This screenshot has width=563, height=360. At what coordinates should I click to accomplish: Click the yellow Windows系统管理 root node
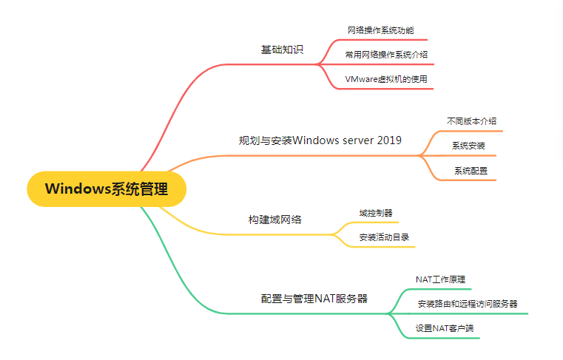pos(106,189)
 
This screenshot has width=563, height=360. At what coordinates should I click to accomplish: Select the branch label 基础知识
pos(282,50)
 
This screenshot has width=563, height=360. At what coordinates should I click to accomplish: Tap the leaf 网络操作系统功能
pos(380,30)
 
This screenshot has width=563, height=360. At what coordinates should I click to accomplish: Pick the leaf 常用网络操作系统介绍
pos(386,54)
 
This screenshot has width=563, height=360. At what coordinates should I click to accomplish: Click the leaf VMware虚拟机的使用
pos(386,78)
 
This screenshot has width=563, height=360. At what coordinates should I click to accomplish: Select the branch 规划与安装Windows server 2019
pos(320,140)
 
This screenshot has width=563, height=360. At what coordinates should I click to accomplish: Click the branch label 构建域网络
pos(274,220)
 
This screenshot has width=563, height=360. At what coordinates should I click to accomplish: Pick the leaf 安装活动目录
pos(384,237)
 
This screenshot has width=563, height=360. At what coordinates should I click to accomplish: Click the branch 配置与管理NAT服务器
pos(314,299)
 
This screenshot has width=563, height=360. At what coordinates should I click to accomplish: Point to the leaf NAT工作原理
pos(440,279)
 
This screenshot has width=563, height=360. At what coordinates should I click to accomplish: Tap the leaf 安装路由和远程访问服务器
pos(467,304)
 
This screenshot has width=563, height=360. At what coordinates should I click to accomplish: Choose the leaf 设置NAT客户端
pos(443,328)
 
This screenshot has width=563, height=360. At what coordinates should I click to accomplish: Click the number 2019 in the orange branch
pos(388,140)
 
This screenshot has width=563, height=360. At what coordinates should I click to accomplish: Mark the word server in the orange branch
pos(354,140)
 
